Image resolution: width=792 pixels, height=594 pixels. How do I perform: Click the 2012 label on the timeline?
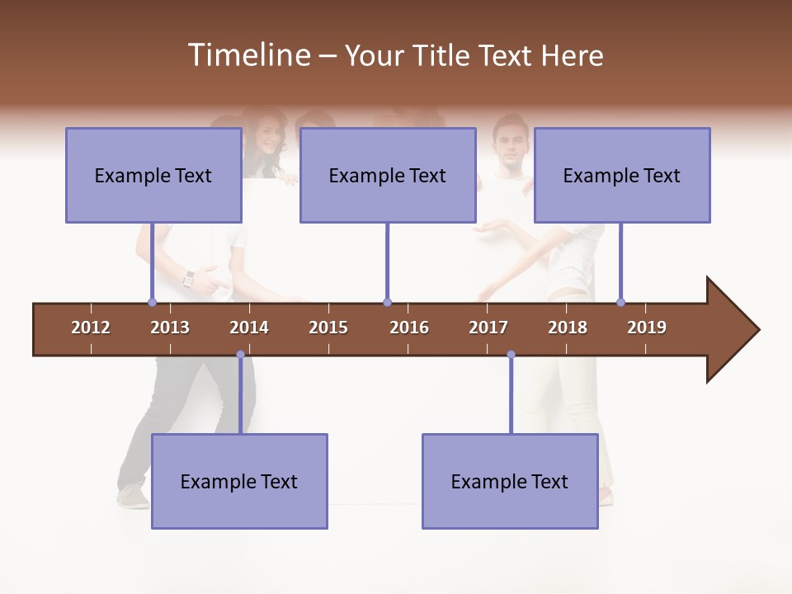[x=91, y=328]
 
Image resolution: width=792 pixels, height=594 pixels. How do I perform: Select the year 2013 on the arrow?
[x=170, y=328]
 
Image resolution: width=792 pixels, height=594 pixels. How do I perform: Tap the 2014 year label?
[x=249, y=328]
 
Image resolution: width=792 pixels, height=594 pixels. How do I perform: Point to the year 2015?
[x=328, y=328]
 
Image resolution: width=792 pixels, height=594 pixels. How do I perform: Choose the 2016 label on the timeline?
[x=409, y=328]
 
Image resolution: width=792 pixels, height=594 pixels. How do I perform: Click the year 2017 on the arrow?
[x=488, y=328]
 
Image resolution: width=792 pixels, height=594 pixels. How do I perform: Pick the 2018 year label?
[x=568, y=328]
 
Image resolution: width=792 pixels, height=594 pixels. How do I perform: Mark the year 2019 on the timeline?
[x=647, y=328]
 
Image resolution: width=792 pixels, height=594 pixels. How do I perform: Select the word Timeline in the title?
[x=247, y=55]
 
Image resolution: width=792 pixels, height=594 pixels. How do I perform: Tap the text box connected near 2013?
[x=153, y=175]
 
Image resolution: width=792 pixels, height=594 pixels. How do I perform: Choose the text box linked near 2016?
[x=388, y=175]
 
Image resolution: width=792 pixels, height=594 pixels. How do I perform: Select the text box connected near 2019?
[x=622, y=175]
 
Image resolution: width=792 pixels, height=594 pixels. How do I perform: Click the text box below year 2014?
[x=239, y=481]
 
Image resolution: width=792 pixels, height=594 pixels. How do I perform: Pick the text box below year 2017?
[x=510, y=481]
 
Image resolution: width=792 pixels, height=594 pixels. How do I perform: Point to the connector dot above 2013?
[x=153, y=302]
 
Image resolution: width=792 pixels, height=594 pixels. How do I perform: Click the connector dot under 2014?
[x=240, y=355]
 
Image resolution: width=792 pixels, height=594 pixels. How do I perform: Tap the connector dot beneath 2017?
[x=511, y=355]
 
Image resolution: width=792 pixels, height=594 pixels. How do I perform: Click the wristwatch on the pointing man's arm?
[x=188, y=279]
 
